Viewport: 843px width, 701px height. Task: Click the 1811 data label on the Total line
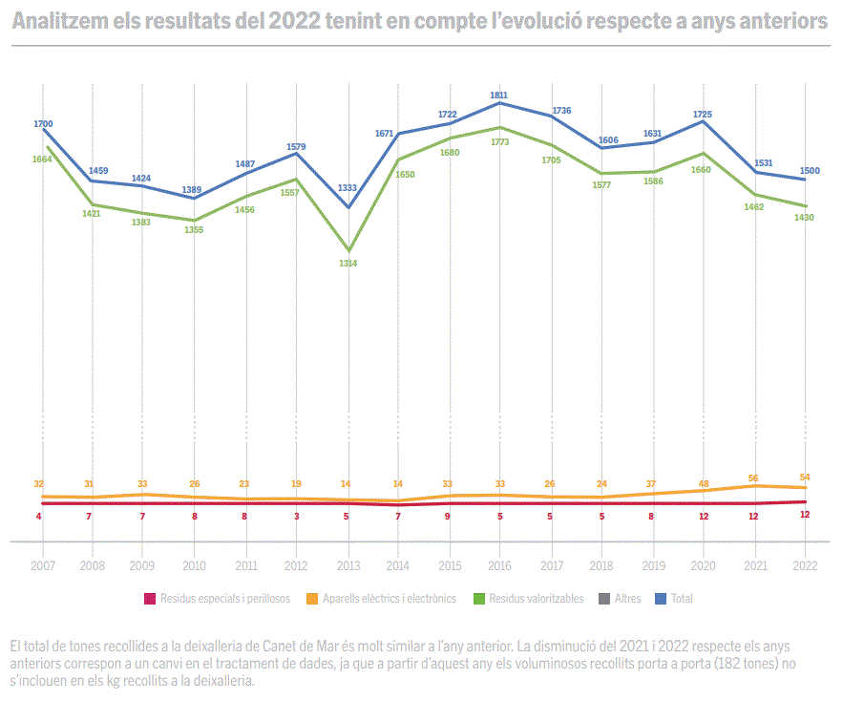click(x=499, y=95)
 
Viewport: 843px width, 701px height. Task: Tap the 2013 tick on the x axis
click(x=348, y=565)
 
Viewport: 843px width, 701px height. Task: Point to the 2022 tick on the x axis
click(x=806, y=565)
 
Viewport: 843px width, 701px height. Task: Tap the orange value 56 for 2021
click(x=754, y=478)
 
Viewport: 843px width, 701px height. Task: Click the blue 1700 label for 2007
click(x=43, y=124)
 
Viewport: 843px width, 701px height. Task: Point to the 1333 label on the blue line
click(x=348, y=188)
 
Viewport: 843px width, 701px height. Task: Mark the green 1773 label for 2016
click(x=499, y=141)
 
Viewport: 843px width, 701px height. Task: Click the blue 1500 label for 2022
click(x=810, y=171)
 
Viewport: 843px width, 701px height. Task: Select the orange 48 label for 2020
click(x=704, y=484)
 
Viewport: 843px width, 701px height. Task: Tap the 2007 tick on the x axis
click(x=42, y=565)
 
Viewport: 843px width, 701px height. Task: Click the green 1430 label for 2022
click(x=805, y=218)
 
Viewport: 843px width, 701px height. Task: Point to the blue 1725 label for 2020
click(x=702, y=115)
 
